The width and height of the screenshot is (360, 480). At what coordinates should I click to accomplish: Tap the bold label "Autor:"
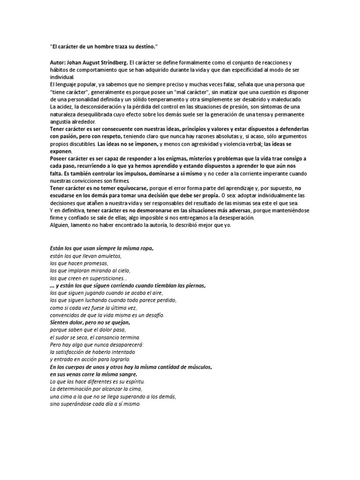pos(59,63)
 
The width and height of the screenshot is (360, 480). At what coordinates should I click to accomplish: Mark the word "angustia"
pos(61,121)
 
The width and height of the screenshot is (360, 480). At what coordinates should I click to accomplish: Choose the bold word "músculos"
pos(198,367)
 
